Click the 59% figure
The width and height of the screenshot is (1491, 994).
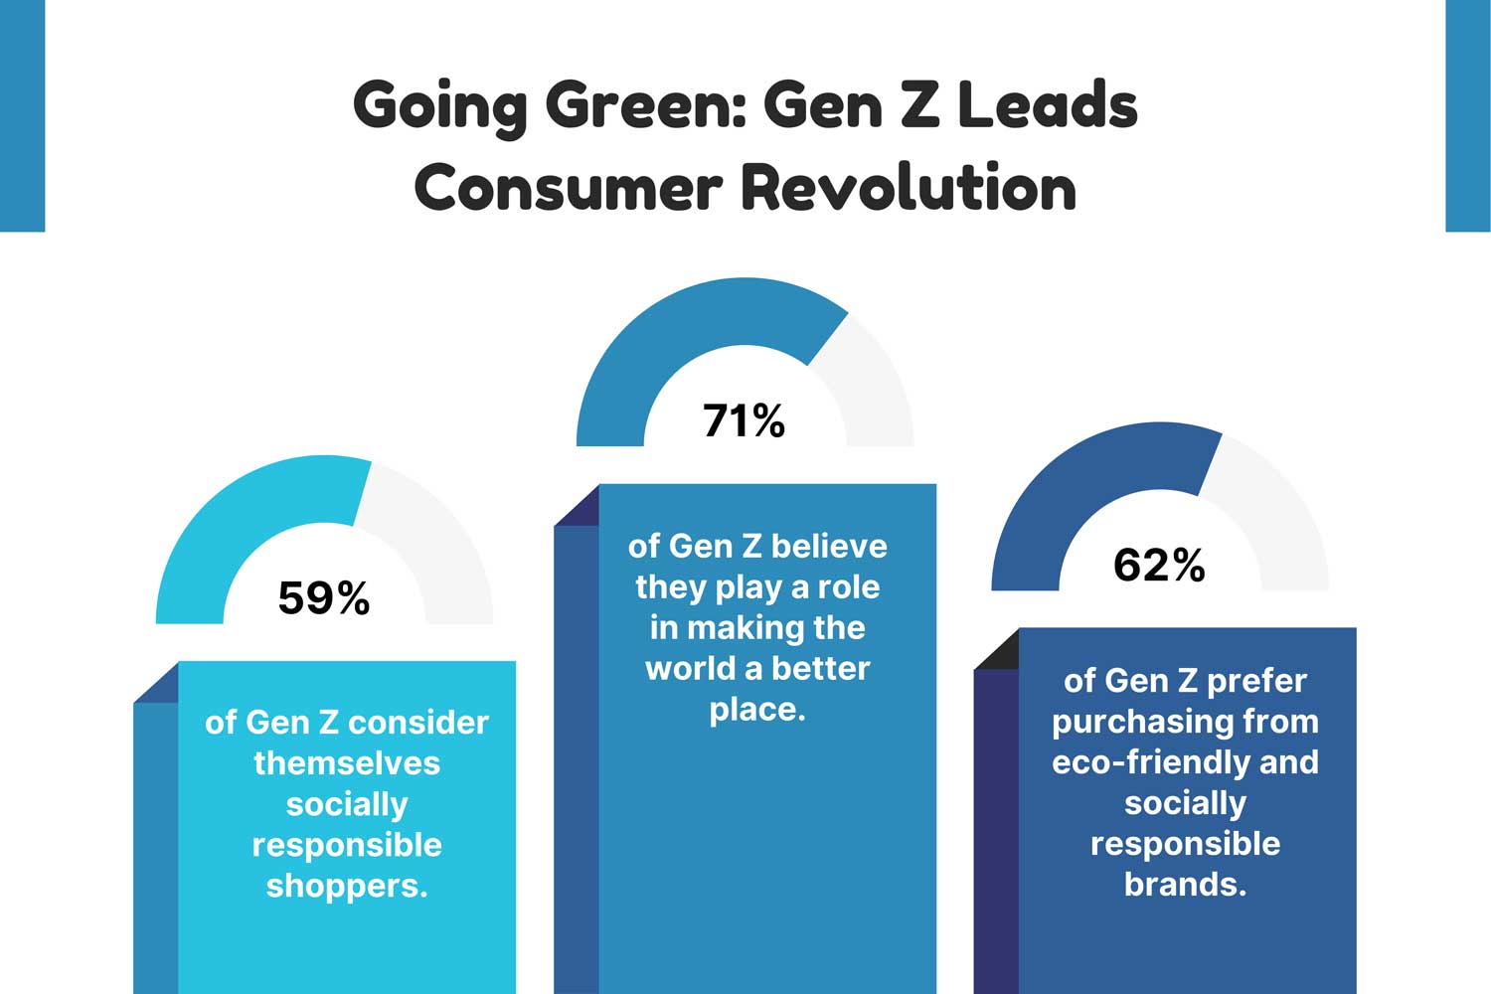(324, 598)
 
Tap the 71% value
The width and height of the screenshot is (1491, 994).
(744, 421)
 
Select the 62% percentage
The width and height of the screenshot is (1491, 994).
(1159, 566)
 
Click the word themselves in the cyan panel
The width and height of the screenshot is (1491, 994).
(347, 763)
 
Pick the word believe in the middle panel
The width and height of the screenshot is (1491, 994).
(829, 546)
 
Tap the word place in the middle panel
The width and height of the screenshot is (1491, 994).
(754, 710)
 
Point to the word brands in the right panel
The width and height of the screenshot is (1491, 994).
(1183, 885)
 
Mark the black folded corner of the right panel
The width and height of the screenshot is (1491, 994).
(999, 650)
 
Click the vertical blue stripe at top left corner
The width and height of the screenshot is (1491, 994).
(22, 114)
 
